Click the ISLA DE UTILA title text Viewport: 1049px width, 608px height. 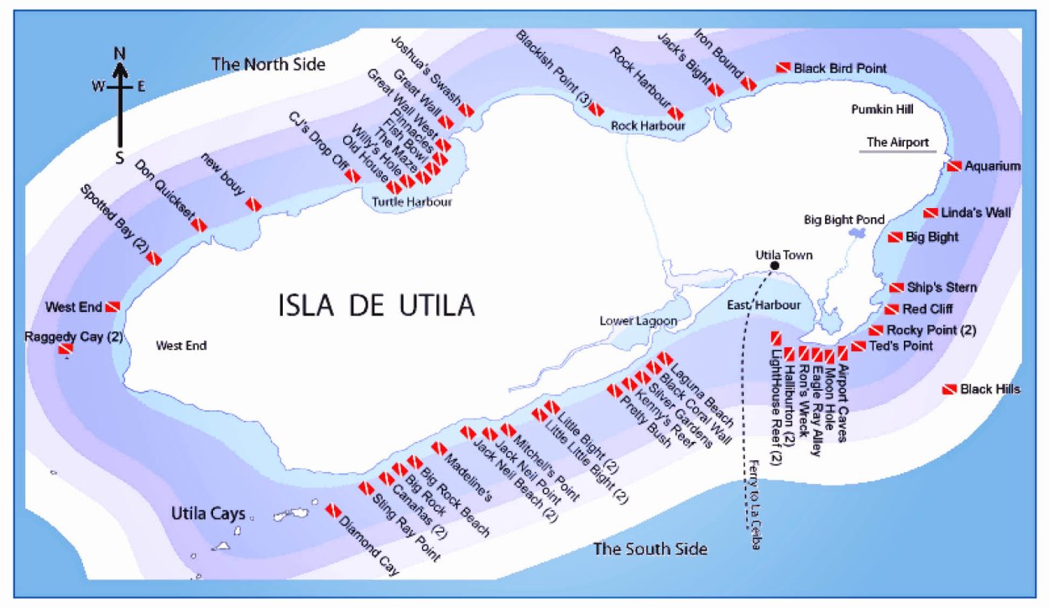[x=377, y=305]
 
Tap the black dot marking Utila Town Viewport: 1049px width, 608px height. [x=774, y=266]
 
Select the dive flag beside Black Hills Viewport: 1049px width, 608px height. [x=949, y=390]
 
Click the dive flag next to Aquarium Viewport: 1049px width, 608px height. [x=954, y=166]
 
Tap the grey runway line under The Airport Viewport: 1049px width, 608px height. [x=897, y=152]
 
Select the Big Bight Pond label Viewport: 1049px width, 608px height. [x=844, y=220]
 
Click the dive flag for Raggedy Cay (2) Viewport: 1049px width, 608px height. [x=65, y=348]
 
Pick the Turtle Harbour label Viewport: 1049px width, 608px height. [x=412, y=202]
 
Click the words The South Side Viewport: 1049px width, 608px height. [x=650, y=549]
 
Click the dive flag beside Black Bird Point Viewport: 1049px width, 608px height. [x=782, y=68]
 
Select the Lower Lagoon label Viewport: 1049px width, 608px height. [x=638, y=321]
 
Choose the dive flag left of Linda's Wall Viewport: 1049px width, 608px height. [x=931, y=213]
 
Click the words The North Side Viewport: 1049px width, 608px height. [x=268, y=64]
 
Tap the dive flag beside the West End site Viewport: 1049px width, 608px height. [x=112, y=307]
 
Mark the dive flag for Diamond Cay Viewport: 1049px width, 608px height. [x=333, y=510]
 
